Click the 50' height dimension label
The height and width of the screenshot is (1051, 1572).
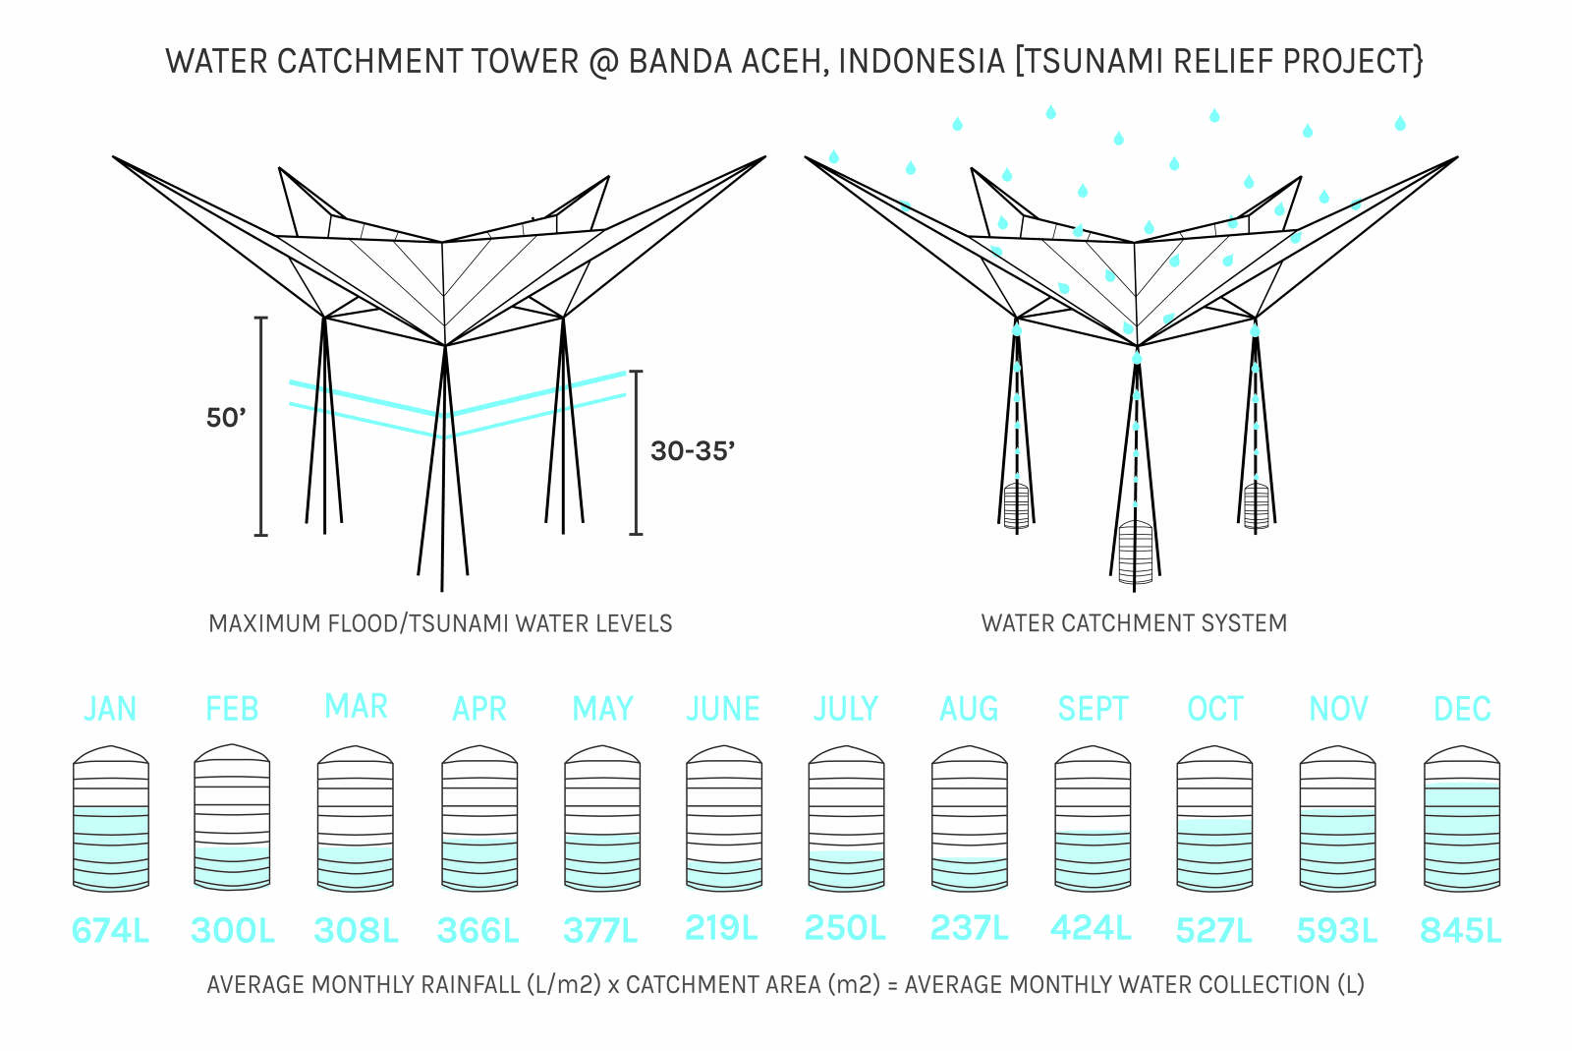(x=226, y=418)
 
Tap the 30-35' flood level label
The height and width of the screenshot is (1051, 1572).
(x=693, y=451)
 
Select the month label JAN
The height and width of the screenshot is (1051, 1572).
(x=110, y=709)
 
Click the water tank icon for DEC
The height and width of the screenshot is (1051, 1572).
(x=1461, y=818)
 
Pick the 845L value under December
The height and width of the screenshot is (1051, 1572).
(x=1461, y=930)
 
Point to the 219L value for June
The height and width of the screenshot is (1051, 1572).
(x=722, y=927)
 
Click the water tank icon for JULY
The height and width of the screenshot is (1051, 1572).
(x=846, y=818)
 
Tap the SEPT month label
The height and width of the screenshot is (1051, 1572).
(x=1093, y=709)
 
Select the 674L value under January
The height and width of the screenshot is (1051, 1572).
(x=110, y=930)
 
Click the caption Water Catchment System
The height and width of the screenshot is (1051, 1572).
(x=1134, y=623)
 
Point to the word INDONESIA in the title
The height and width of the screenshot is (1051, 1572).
(x=921, y=61)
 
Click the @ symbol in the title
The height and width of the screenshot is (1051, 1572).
(x=603, y=61)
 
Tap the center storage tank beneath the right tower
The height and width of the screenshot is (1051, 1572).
(x=1135, y=553)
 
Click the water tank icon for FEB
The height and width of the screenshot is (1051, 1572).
(x=232, y=818)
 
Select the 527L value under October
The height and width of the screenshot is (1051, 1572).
(x=1214, y=930)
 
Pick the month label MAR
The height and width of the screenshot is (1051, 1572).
(x=356, y=707)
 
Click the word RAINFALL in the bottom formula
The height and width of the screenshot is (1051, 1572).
(x=470, y=984)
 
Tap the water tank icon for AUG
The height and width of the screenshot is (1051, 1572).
(x=969, y=818)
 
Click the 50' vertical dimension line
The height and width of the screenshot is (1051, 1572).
(x=261, y=462)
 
